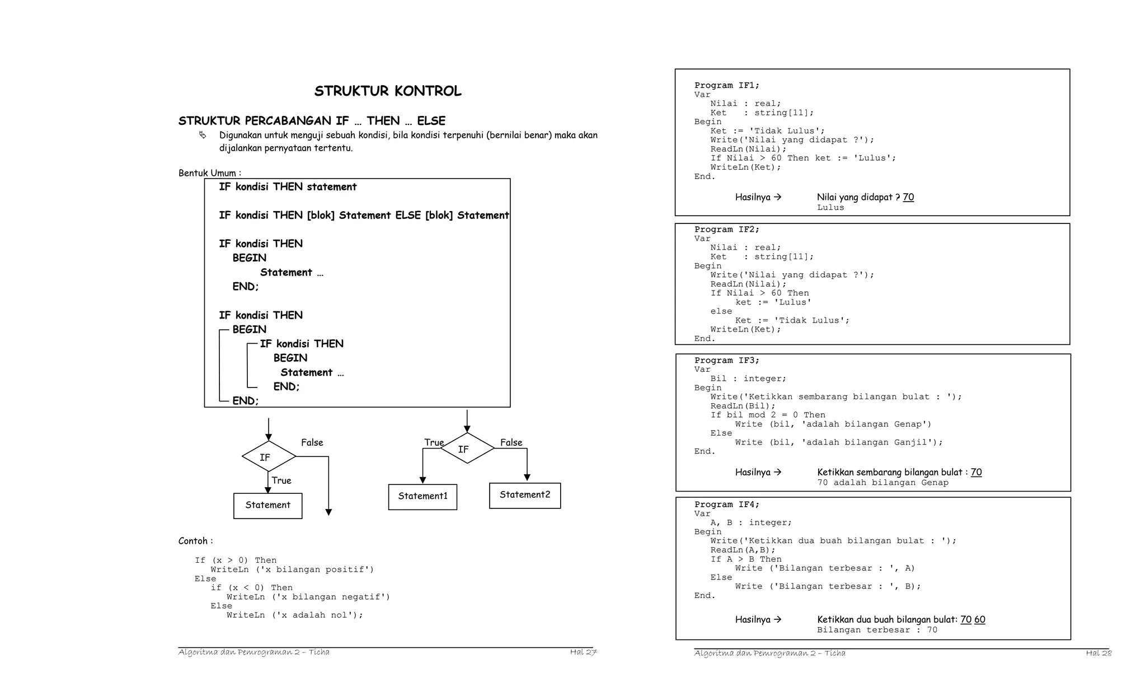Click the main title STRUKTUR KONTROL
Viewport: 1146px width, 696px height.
point(388,91)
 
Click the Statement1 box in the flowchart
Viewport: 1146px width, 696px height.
point(422,497)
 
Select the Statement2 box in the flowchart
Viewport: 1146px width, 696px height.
point(525,496)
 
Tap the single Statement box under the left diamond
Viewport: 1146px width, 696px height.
point(267,506)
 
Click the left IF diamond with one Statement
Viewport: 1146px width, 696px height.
point(268,457)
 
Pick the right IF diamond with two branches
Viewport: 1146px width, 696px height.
point(467,449)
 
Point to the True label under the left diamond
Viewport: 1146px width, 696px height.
point(281,480)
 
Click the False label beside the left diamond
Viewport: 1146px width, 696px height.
point(312,442)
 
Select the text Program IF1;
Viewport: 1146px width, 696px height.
point(727,86)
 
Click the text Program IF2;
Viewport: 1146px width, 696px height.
point(727,230)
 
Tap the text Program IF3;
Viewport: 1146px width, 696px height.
point(727,361)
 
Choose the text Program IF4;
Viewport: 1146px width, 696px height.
point(727,505)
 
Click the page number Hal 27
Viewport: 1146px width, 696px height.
point(583,652)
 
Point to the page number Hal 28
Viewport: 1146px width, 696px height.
point(1098,653)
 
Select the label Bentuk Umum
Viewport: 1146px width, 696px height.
point(209,173)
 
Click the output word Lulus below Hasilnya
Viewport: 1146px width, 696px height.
point(830,208)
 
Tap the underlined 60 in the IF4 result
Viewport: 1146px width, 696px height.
point(979,619)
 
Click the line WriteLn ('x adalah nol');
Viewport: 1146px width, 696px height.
point(294,615)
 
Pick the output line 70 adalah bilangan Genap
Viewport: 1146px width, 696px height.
point(882,483)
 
